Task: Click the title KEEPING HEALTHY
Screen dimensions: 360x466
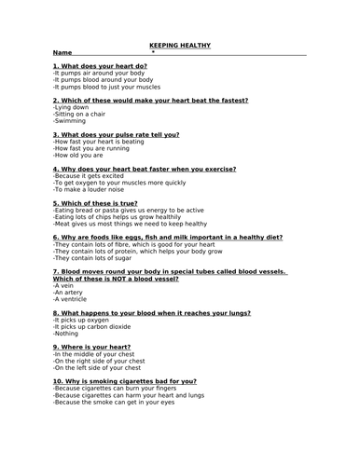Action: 180,45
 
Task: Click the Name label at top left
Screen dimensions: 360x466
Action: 62,53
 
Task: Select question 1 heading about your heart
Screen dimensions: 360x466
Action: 100,67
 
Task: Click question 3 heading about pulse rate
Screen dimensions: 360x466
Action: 116,134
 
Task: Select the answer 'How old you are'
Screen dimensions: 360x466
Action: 78,155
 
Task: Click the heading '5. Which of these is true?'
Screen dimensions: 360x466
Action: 95,202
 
